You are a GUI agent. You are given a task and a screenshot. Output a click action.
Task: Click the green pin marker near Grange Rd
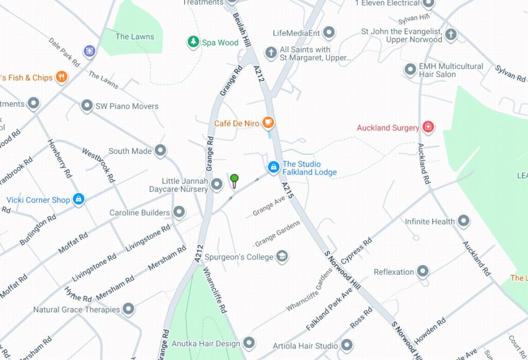click(234, 179)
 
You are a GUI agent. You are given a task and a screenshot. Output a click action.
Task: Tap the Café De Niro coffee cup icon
click(268, 123)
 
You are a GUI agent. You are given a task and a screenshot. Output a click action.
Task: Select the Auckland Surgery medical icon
click(427, 127)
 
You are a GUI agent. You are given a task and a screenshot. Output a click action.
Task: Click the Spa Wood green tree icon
click(193, 42)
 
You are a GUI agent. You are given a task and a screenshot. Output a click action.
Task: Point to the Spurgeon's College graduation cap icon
click(282, 256)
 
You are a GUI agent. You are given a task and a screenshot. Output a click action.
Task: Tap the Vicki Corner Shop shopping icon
click(78, 199)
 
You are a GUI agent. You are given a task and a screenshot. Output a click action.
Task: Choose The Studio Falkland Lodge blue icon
click(273, 167)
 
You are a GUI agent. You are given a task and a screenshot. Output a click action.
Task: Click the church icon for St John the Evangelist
click(451, 35)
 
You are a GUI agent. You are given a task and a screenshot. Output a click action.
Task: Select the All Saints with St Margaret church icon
click(271, 53)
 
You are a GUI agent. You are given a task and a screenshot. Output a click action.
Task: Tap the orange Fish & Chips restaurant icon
click(61, 77)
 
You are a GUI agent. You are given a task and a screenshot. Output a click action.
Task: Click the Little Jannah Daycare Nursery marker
click(217, 184)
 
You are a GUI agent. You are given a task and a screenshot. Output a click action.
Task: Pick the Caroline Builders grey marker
click(179, 212)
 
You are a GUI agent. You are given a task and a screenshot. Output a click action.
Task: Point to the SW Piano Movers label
click(127, 106)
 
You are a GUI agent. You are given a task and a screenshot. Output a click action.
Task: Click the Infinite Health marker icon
click(464, 221)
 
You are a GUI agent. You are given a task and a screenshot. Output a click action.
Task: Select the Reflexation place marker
click(423, 271)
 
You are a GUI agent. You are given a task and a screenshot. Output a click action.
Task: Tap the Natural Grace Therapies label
click(76, 310)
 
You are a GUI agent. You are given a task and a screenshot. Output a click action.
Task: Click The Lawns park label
click(135, 37)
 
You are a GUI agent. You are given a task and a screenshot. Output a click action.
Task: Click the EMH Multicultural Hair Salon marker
click(410, 69)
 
